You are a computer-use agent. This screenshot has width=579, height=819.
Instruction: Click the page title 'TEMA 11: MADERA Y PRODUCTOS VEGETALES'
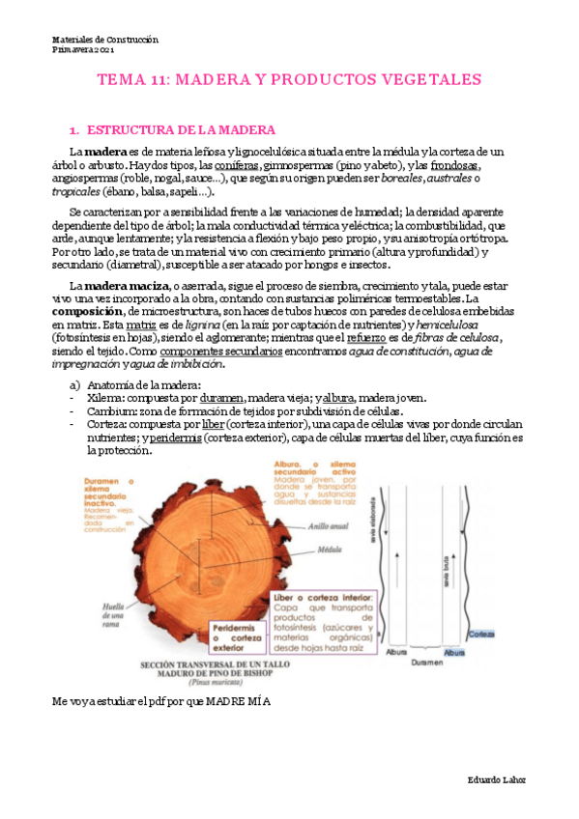(x=290, y=80)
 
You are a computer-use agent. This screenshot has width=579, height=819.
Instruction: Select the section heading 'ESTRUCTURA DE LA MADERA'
(x=182, y=129)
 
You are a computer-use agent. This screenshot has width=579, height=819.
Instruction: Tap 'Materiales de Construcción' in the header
(x=104, y=40)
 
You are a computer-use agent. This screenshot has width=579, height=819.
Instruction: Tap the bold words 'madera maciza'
(x=127, y=286)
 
